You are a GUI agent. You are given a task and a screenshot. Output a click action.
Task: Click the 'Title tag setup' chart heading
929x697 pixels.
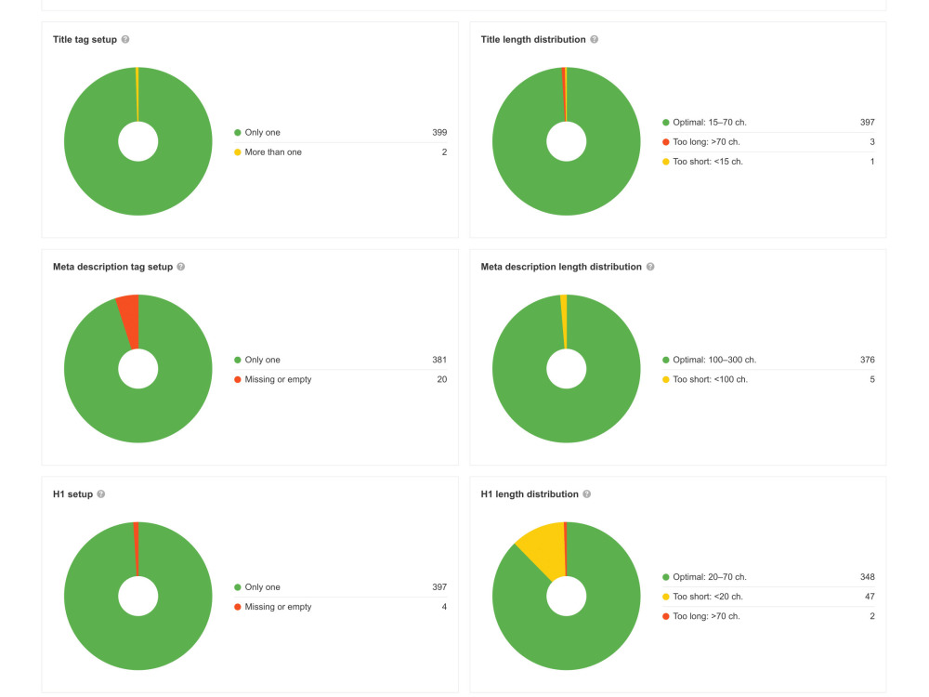[x=85, y=40]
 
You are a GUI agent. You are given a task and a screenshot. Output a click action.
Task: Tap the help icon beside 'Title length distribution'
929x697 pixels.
[x=595, y=39]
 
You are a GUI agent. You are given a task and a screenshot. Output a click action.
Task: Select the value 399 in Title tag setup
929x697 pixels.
[x=439, y=133]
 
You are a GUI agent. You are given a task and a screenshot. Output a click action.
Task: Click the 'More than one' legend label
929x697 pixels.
[x=273, y=152]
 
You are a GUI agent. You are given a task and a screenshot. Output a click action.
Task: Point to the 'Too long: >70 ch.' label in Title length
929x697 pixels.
[x=706, y=142]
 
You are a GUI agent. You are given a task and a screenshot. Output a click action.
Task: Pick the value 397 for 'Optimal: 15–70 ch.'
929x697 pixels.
[x=868, y=123]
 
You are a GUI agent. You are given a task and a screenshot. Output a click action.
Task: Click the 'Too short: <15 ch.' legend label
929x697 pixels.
[x=707, y=162]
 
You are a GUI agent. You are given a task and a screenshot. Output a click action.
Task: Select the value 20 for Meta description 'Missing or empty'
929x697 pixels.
[x=442, y=379]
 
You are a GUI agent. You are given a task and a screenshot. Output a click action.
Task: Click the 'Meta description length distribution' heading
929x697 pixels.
[x=561, y=267]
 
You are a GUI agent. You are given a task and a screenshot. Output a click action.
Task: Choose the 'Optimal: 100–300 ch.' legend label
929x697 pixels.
[x=714, y=360]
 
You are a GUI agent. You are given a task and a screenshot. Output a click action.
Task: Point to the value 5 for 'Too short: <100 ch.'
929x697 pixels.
[x=872, y=379]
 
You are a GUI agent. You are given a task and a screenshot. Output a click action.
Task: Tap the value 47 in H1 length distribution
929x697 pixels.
[x=870, y=597]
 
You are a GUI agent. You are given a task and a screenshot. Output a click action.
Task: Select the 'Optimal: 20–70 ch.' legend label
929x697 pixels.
[x=710, y=577]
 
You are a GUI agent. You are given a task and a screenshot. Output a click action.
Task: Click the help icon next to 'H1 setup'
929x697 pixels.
[x=101, y=493]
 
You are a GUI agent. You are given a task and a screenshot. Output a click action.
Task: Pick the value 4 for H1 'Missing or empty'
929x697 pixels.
[x=444, y=607]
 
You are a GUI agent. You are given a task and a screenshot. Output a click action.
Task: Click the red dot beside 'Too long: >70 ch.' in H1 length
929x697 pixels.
[x=666, y=616]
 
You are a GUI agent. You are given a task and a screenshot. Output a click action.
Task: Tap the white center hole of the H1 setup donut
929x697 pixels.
[x=138, y=597]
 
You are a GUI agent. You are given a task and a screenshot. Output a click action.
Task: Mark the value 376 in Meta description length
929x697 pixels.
[x=868, y=360]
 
